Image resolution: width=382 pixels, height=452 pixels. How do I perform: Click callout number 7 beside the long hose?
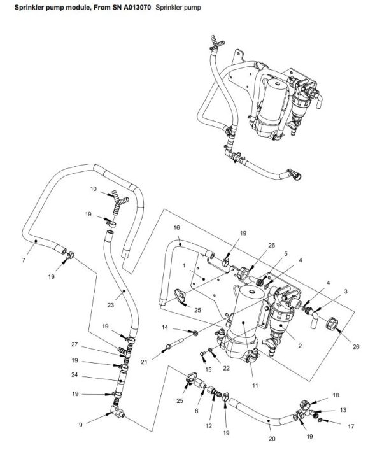(x=23, y=260)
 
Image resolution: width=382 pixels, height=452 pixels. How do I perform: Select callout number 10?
(x=93, y=189)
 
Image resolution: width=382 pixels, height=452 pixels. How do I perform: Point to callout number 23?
(x=110, y=305)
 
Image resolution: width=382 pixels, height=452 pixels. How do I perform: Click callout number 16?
(x=177, y=227)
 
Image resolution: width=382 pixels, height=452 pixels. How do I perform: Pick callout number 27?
(x=74, y=344)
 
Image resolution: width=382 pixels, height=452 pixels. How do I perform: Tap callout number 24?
(x=74, y=375)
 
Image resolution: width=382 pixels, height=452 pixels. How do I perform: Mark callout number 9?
(x=80, y=425)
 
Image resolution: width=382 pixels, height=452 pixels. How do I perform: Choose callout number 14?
(x=164, y=328)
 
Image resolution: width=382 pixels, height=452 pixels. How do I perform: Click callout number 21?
(x=145, y=362)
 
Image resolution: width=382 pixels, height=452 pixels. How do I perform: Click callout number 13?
(x=343, y=411)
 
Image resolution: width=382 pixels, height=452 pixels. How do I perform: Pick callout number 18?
(x=336, y=395)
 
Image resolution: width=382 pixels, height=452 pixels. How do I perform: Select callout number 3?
(x=345, y=291)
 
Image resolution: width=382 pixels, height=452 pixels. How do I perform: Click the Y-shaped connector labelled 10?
(x=118, y=202)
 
